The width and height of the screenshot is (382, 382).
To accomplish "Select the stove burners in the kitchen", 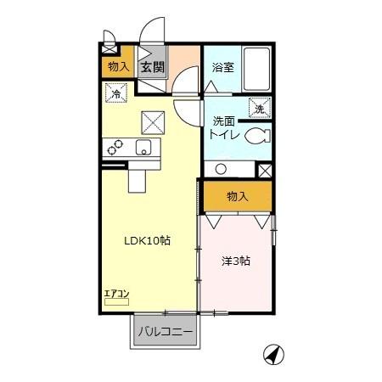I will tap(113, 148).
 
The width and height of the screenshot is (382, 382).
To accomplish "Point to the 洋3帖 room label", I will tap(236, 261).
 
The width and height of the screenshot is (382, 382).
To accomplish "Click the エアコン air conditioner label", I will tap(116, 295).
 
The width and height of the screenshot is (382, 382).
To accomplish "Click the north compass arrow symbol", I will tap(273, 354).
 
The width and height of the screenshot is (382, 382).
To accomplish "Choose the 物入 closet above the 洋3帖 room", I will tap(238, 196).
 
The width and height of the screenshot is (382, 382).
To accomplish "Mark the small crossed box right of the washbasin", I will tap(265, 169).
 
